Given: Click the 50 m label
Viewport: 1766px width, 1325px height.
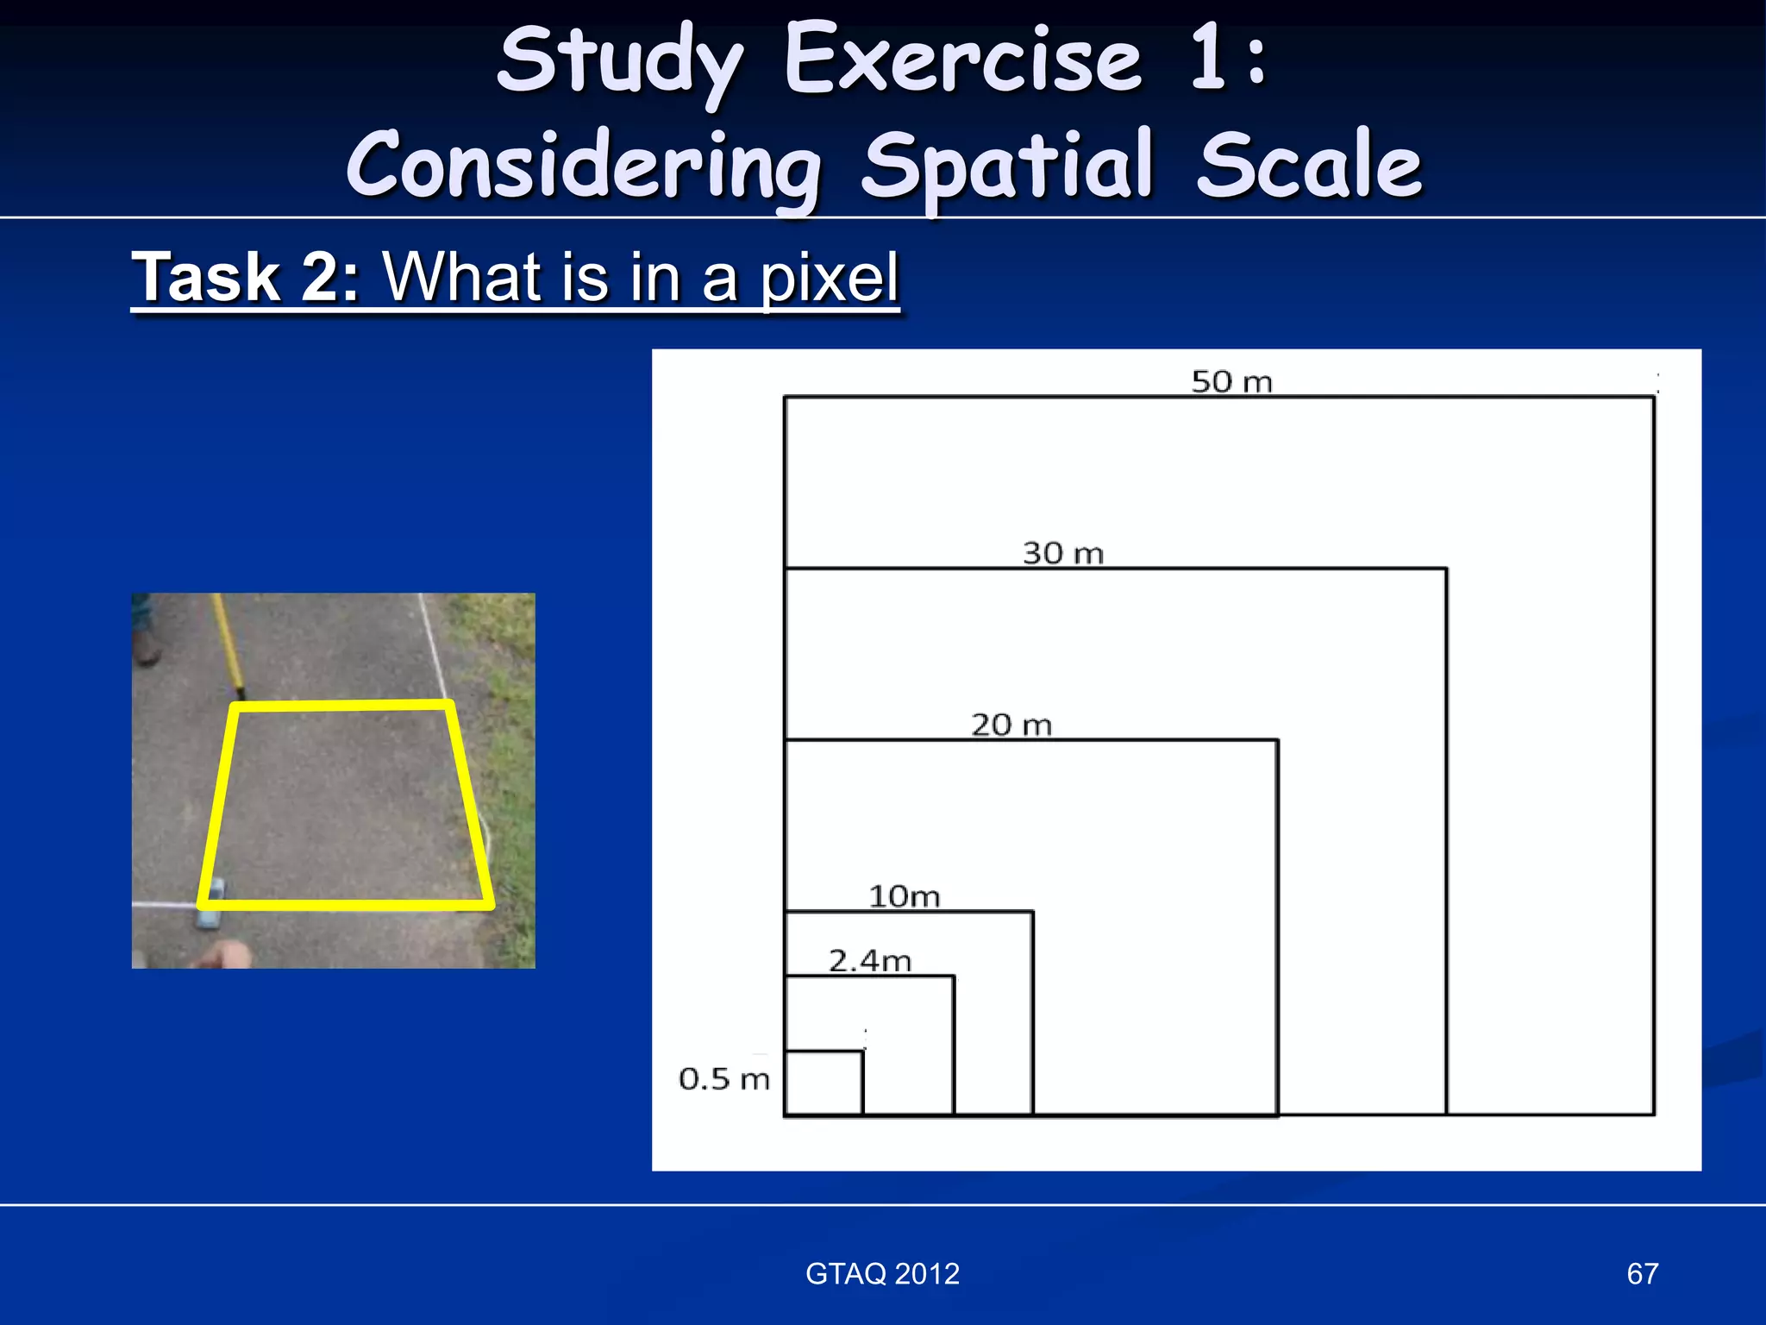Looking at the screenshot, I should coord(1231,381).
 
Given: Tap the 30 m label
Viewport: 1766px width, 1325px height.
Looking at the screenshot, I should coord(1062,553).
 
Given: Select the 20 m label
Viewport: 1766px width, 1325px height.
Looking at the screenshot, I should coord(1011,725).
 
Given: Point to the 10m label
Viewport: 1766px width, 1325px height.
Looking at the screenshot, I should coord(904,896).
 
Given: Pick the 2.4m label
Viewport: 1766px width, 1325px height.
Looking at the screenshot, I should coord(869,960).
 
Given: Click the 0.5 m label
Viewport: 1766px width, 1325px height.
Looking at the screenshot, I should coord(723,1078).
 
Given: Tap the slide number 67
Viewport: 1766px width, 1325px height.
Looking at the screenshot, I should coord(1642,1273).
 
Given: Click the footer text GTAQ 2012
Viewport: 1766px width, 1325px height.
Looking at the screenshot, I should coord(882,1273).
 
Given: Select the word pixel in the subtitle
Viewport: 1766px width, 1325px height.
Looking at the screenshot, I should coord(829,278).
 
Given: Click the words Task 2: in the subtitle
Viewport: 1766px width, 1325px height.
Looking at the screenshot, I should coord(245,278).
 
